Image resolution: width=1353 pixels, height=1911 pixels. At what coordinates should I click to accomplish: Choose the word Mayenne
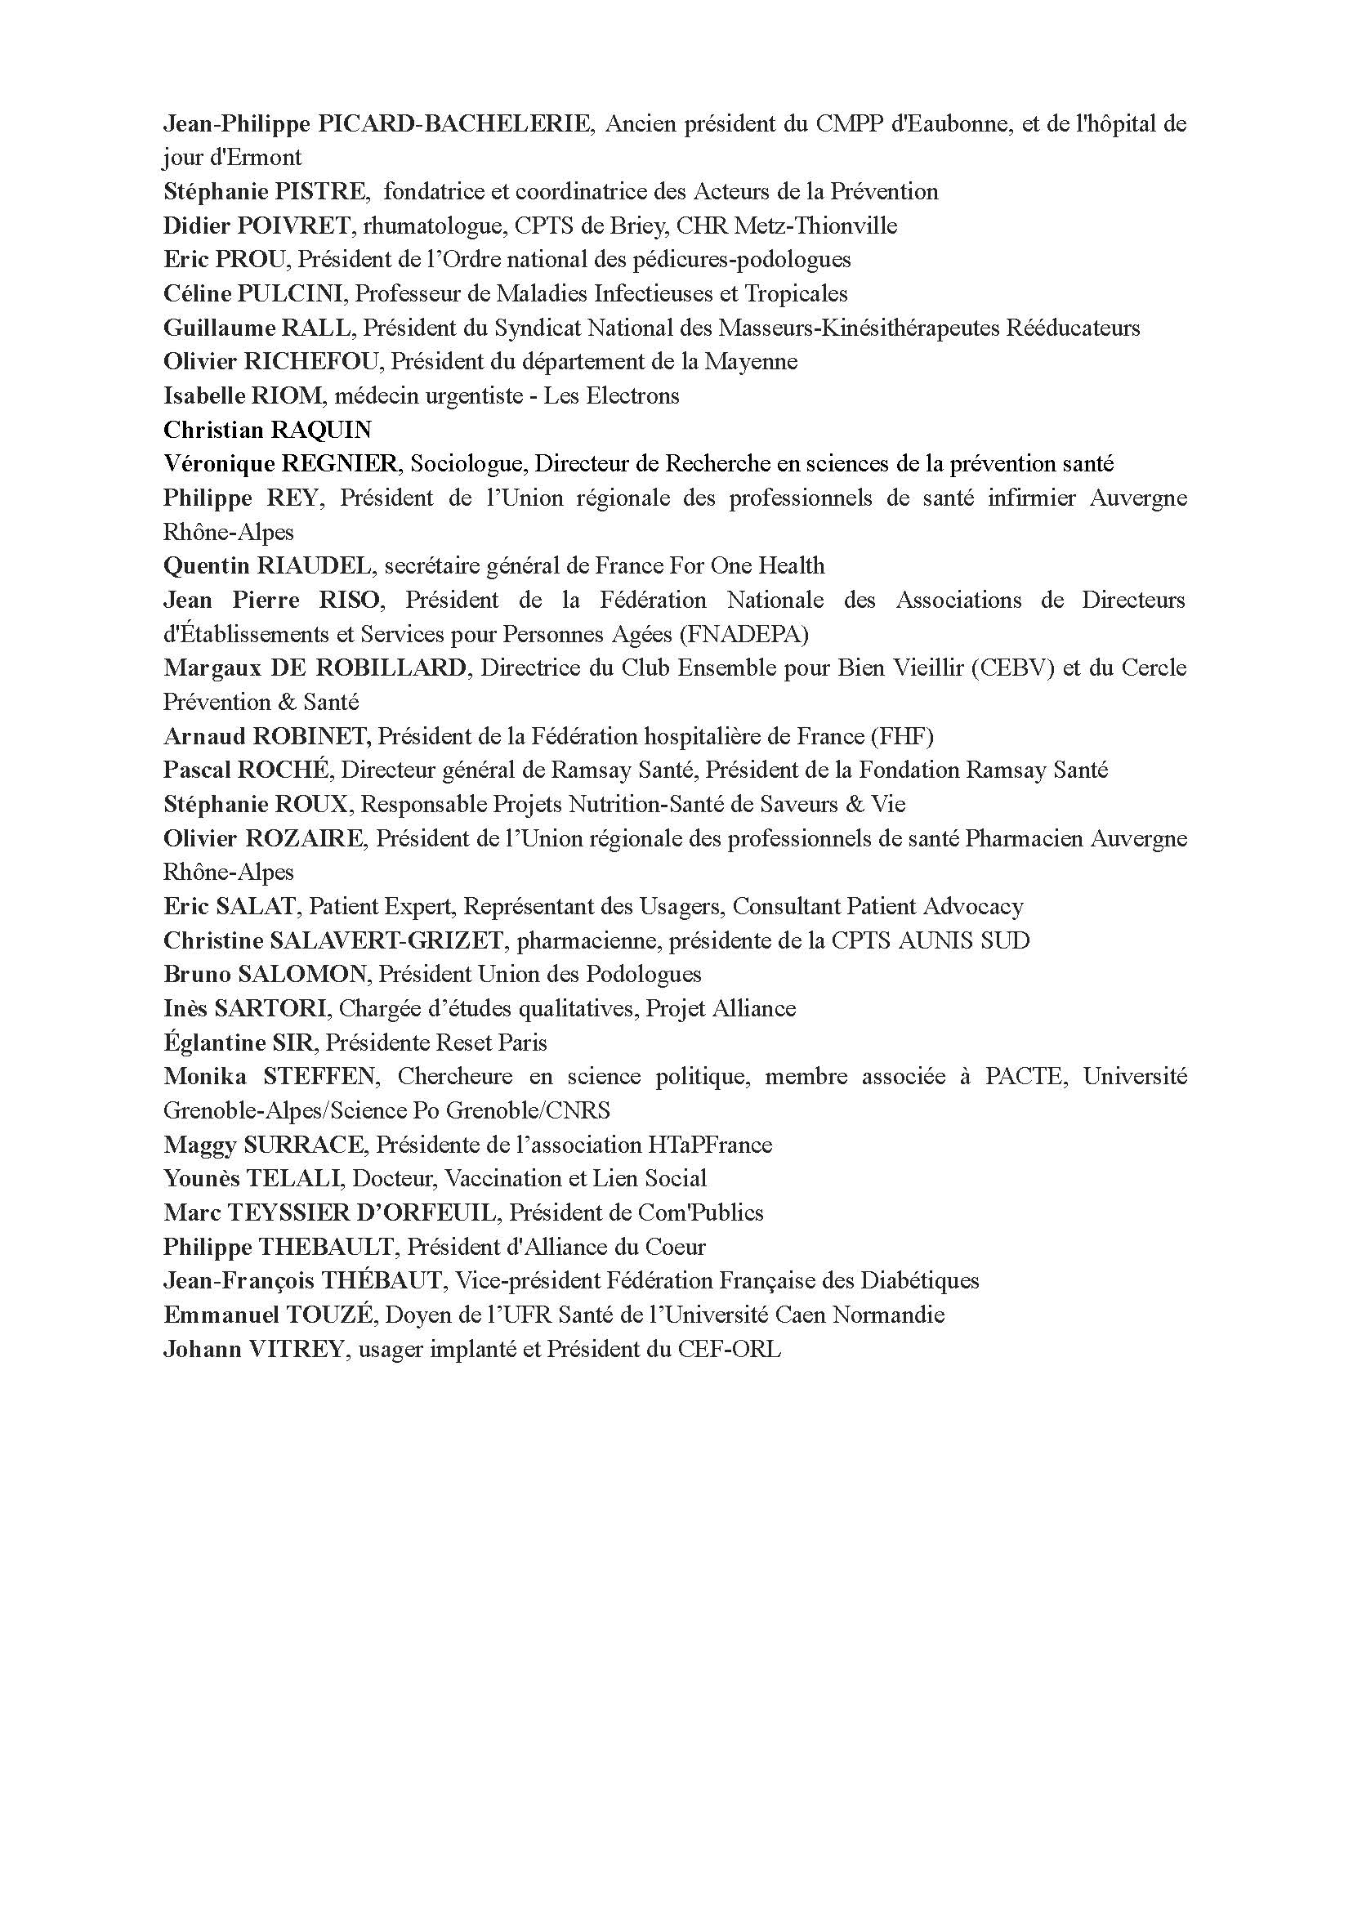[751, 363]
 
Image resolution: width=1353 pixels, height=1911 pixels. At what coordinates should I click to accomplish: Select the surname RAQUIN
[319, 431]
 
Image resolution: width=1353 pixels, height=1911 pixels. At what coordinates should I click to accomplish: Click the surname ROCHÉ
[285, 770]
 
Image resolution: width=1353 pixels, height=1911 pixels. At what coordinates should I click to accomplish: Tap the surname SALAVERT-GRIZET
[386, 941]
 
